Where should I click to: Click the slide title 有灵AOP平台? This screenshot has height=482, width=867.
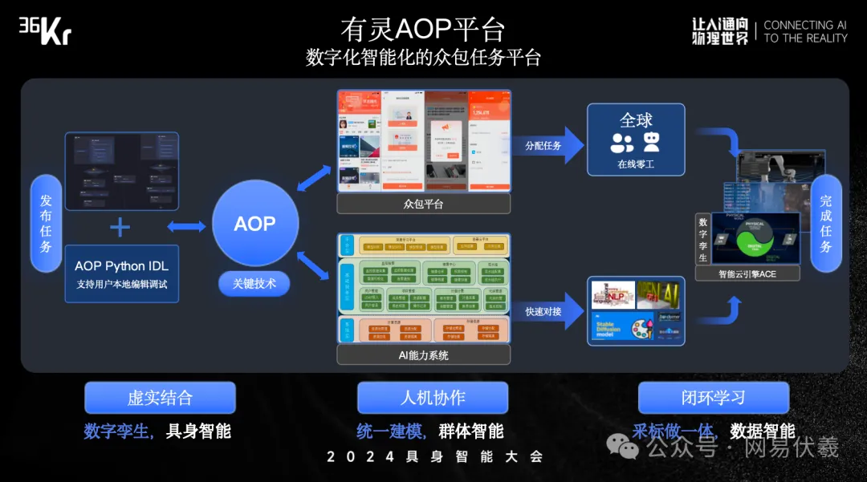coord(422,30)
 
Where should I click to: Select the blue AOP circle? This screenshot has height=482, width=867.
coord(255,224)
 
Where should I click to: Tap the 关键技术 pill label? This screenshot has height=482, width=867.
coord(254,283)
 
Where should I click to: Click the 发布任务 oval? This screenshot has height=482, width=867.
coord(46,224)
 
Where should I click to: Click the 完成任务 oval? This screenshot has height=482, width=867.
coord(826,224)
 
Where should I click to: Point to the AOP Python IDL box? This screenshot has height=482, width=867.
coord(121,273)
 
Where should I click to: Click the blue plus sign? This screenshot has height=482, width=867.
coord(120,227)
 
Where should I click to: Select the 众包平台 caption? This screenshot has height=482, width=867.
coord(423,205)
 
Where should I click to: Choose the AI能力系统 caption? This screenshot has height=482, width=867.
coord(423,354)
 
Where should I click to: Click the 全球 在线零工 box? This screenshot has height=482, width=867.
coord(636,140)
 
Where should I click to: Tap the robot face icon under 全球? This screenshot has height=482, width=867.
coord(651,143)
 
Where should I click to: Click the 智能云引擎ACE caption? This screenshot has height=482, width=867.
coord(747,274)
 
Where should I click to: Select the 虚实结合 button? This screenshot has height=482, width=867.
coord(160,398)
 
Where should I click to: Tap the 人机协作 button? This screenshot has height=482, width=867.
coord(433,398)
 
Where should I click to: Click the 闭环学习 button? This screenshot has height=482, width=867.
coord(713,398)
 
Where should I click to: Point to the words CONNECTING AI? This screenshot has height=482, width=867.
coord(805,25)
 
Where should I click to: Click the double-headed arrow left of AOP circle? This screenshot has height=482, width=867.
coord(187,227)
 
